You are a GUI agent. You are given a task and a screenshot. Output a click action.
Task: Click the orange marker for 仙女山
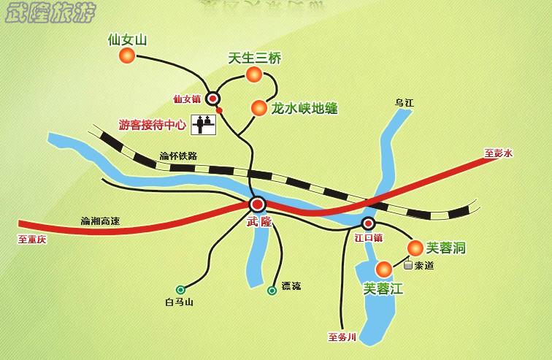pos(128,55)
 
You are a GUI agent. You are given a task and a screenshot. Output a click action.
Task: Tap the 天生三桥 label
pos(254,58)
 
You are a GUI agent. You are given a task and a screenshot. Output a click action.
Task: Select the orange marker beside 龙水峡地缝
pos(258,108)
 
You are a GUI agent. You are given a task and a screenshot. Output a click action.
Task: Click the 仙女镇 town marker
pos(212,97)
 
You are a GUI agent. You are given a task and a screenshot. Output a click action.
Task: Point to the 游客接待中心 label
pos(152,124)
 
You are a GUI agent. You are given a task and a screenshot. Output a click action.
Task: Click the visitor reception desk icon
pos(204,125)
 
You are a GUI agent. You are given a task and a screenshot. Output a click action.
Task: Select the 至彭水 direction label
pos(499,153)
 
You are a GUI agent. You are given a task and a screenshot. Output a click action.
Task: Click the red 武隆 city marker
pos(257,204)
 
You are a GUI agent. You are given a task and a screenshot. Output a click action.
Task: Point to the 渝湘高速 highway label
pos(101,220)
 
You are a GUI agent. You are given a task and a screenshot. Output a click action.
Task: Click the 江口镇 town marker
pos(369,223)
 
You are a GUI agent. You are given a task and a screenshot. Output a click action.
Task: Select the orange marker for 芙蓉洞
pos(415,248)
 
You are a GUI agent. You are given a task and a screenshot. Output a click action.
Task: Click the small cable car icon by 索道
pos(407,266)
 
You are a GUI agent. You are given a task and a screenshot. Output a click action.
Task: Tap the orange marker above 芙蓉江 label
pos(384,269)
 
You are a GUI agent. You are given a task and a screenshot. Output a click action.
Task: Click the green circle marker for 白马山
pos(180,289)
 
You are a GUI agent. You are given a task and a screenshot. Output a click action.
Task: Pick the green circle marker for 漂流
pos(272,290)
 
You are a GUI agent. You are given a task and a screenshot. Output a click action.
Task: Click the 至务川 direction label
pos(342,337)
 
